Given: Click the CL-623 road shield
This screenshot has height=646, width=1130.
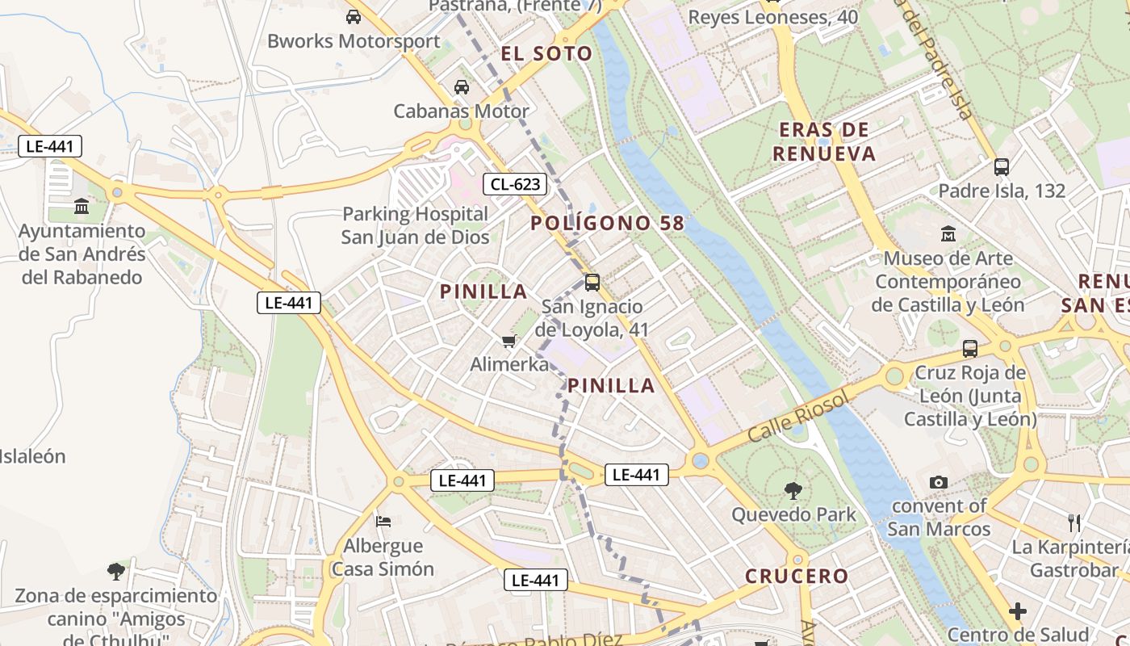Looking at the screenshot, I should (x=515, y=184).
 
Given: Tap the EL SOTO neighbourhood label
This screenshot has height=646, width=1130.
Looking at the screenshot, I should (x=546, y=54).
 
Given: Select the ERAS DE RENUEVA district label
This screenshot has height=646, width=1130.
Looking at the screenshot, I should (x=824, y=141).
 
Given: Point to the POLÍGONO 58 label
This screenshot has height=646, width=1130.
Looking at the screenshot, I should (x=608, y=224).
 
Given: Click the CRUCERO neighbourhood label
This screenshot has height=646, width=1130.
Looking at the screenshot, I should (x=797, y=577).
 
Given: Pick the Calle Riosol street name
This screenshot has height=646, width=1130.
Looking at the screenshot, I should (x=799, y=416).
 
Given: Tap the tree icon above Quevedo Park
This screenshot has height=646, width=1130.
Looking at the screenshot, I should (x=793, y=489).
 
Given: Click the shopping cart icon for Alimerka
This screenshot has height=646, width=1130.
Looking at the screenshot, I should (x=508, y=342).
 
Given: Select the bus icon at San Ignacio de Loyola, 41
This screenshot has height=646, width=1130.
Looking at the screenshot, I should (x=592, y=283).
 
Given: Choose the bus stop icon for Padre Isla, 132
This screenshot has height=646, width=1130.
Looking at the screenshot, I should (x=1002, y=167).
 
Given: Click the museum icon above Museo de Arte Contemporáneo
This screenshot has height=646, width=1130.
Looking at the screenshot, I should (x=948, y=235).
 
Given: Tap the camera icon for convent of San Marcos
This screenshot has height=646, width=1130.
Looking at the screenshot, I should (x=938, y=482).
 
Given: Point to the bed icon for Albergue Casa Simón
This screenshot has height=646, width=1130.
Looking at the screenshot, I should (x=383, y=522).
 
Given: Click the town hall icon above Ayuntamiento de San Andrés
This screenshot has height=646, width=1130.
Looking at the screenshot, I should (x=82, y=208).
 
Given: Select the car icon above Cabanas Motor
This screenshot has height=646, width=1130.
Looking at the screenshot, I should (x=462, y=87).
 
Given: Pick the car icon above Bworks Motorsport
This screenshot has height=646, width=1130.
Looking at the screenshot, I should (x=353, y=17).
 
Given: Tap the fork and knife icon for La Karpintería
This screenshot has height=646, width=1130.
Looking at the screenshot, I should (x=1074, y=523).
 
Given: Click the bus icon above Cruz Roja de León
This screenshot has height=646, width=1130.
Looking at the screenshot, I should (x=970, y=349).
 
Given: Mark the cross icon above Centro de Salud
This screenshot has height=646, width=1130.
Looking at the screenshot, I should (x=1018, y=611).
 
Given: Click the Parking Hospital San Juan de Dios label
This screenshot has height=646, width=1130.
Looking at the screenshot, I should (x=415, y=225).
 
